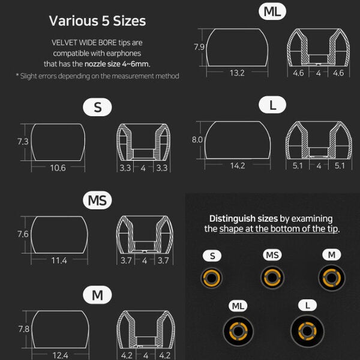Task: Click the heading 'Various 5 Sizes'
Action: [x=97, y=21]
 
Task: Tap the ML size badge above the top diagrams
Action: [x=272, y=11]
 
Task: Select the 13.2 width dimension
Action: [x=237, y=73]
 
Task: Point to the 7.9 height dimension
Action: [x=199, y=47]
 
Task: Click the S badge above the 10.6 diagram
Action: [x=97, y=107]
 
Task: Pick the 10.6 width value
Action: [x=58, y=168]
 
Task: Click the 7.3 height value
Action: [x=23, y=142]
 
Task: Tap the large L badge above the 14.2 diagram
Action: [x=272, y=105]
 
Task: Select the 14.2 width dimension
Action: [x=238, y=166]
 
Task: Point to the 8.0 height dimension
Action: [x=197, y=140]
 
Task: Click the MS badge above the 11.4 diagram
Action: [x=97, y=200]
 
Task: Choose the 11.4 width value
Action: [x=59, y=260]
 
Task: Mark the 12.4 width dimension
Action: [x=60, y=355]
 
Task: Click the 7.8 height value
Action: [x=23, y=329]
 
